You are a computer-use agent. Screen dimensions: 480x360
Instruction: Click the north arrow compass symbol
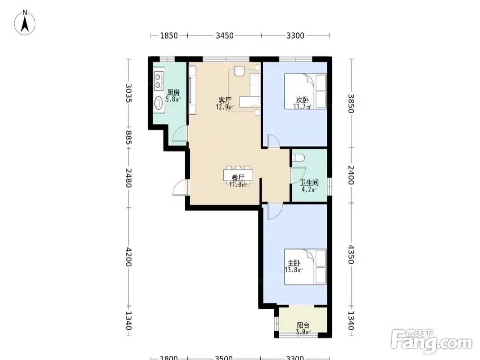(x=25, y=22)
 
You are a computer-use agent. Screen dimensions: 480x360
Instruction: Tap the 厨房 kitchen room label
(x=173, y=92)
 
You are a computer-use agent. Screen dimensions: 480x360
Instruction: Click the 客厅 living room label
(x=225, y=100)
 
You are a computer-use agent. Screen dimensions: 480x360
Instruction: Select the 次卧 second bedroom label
(x=302, y=100)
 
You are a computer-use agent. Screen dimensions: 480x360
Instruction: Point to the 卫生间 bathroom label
(x=309, y=183)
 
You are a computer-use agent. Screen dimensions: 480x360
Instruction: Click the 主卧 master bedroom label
(x=294, y=263)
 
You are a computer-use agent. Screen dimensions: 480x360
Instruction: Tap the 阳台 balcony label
(x=303, y=325)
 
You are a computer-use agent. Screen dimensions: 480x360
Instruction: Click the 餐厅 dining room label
(x=238, y=178)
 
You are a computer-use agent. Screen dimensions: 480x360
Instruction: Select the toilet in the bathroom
(x=298, y=158)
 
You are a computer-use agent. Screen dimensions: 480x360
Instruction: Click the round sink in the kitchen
(x=158, y=103)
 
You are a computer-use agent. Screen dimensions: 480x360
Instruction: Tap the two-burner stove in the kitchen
(x=158, y=81)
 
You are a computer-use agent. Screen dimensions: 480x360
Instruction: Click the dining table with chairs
(x=239, y=176)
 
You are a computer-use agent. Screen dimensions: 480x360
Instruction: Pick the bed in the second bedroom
(x=305, y=91)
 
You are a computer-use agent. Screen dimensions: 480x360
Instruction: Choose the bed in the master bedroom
(x=305, y=267)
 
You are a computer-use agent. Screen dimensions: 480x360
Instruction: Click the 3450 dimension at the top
(x=225, y=36)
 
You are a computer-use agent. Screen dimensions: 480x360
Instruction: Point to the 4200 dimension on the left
(x=129, y=257)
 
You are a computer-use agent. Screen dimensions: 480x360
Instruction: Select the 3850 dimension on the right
(x=351, y=103)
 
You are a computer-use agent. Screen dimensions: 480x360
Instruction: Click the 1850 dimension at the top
(x=169, y=36)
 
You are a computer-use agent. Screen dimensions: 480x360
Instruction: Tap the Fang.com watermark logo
(x=432, y=342)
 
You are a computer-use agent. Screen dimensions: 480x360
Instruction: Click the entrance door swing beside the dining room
(x=181, y=187)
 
